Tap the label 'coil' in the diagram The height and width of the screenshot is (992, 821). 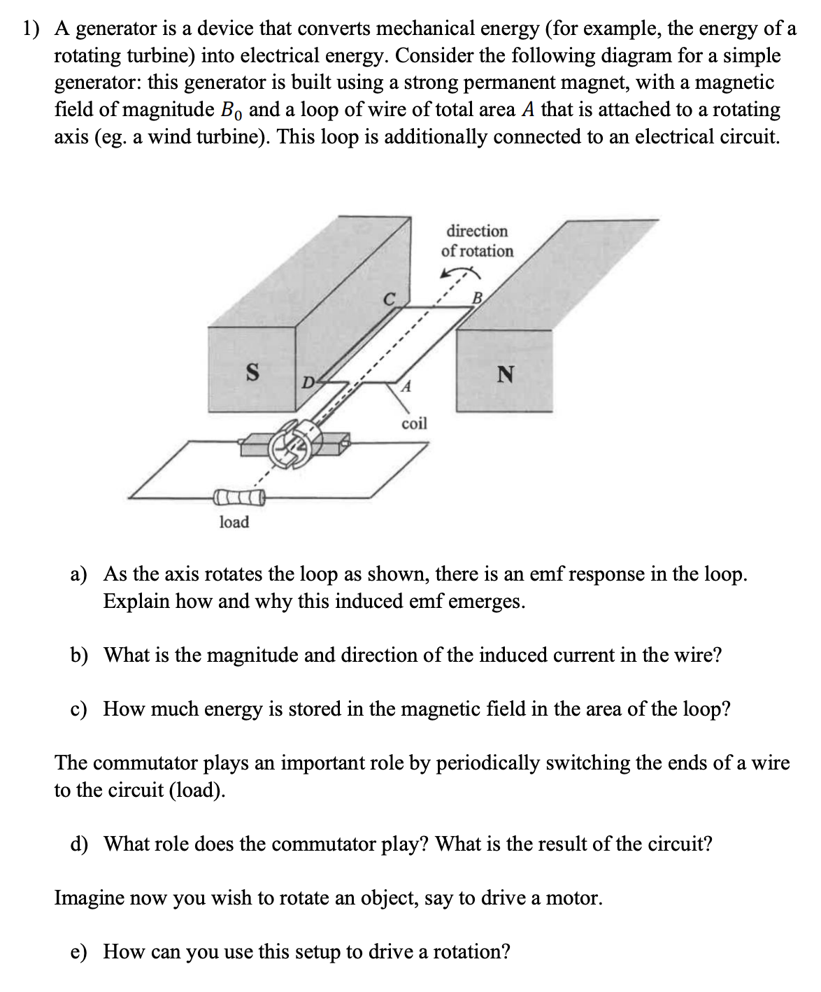pos(414,423)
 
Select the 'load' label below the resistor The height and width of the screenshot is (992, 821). pos(234,522)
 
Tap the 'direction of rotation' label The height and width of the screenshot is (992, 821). pos(477,241)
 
